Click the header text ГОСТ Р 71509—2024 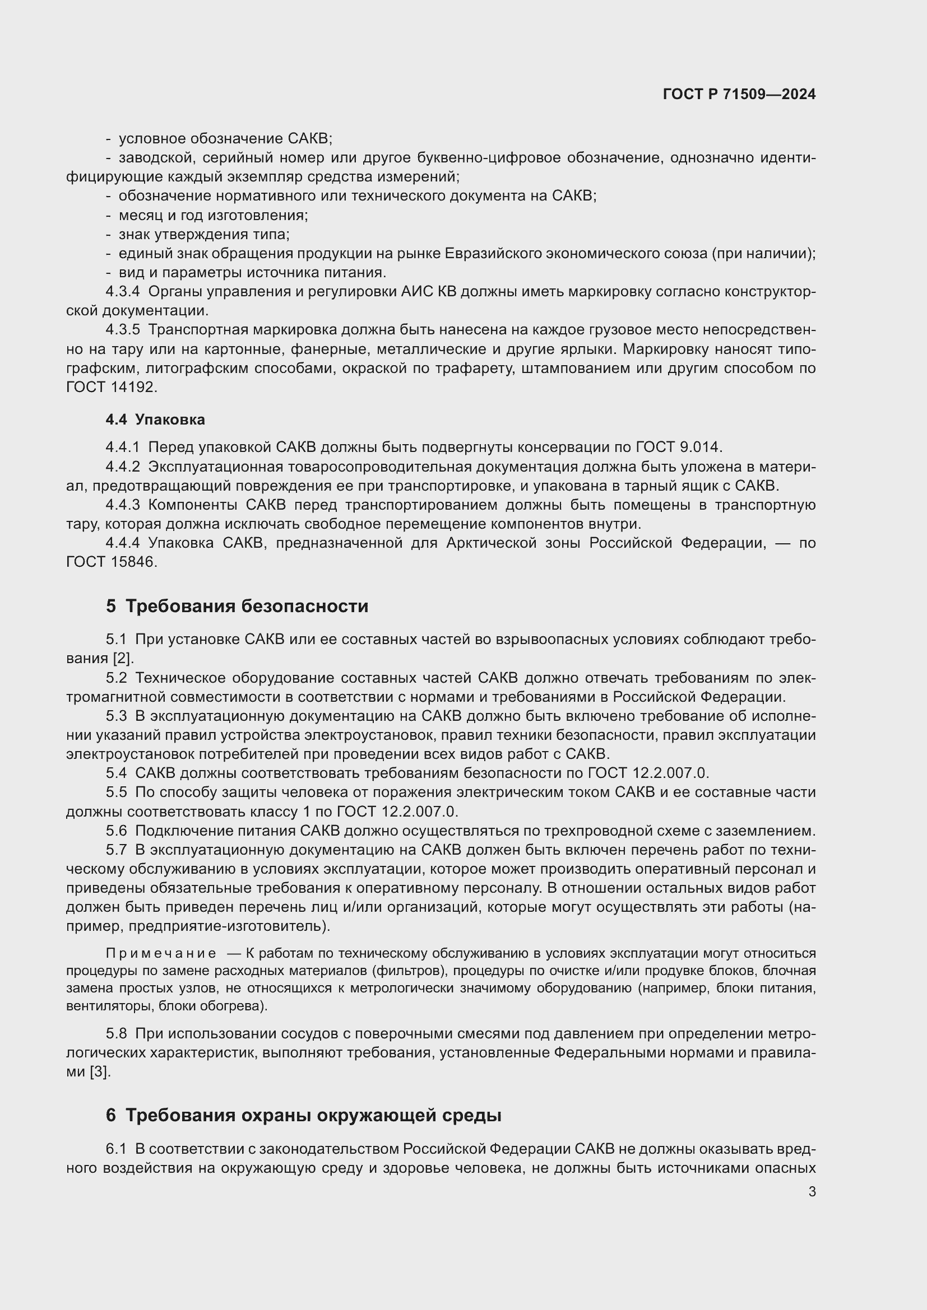tap(739, 95)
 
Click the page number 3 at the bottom tap(812, 1192)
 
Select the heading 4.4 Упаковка tap(155, 419)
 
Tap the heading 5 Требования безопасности tap(237, 606)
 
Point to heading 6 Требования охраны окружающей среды tap(303, 1115)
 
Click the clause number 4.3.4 tap(122, 292)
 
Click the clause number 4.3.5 tap(122, 330)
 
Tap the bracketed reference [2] tap(123, 659)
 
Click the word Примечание tap(161, 953)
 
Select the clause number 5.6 tap(116, 831)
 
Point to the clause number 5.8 tap(116, 1033)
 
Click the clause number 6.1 tap(116, 1149)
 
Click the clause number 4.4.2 tap(122, 467)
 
